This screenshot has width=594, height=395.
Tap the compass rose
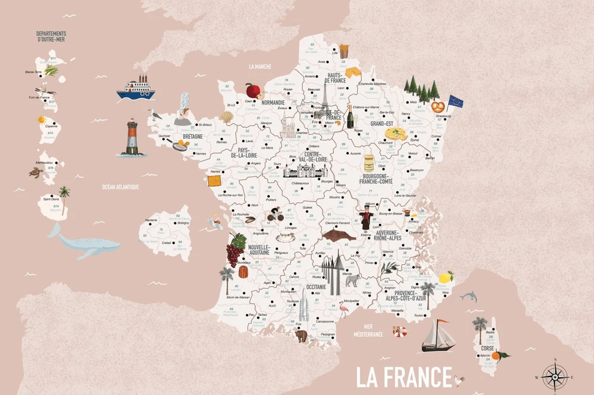click(554, 375)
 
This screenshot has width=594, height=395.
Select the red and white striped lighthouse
click(131, 138)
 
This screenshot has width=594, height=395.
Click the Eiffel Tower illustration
click(324, 102)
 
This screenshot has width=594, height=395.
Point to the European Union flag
click(456, 102)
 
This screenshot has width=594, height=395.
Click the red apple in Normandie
click(254, 91)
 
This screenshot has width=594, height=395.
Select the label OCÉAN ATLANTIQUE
click(120, 187)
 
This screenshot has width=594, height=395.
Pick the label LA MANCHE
click(260, 66)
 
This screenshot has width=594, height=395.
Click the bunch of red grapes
click(236, 250)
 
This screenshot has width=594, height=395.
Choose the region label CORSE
click(487, 349)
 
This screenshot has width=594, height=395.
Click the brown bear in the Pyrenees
click(302, 336)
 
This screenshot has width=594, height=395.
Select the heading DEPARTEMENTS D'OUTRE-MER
click(50, 37)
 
